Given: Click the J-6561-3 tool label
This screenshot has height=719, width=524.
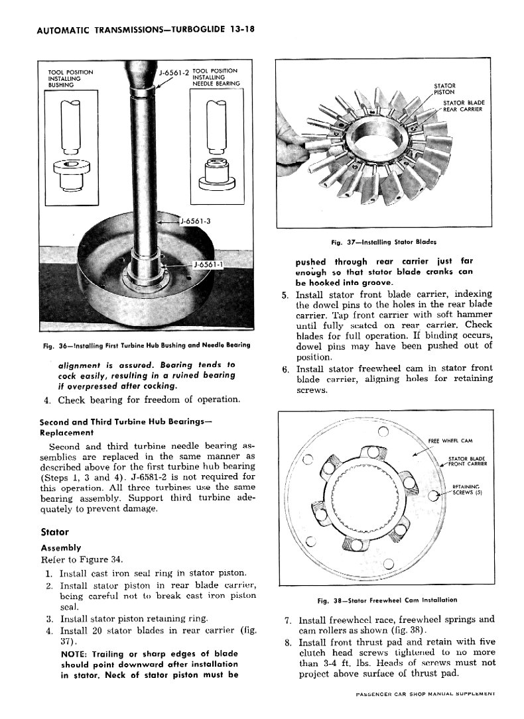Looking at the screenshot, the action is [194, 221].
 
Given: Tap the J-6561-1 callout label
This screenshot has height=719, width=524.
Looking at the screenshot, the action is [208, 264].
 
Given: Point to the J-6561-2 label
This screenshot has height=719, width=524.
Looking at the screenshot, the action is [174, 72].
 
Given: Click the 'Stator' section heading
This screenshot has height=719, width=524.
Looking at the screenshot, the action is [54, 532].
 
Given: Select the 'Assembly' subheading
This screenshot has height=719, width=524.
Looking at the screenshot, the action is [60, 547].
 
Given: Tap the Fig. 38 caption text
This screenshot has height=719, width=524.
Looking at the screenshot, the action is [387, 600].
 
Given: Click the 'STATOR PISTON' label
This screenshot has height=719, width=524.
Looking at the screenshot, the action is [444, 89].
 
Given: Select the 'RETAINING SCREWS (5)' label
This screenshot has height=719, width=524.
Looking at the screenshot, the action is [466, 490].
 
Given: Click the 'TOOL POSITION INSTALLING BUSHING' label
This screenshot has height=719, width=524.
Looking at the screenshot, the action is [71, 78].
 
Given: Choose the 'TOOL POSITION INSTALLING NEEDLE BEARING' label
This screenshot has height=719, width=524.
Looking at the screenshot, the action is [216, 77].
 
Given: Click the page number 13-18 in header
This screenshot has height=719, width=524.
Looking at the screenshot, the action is [243, 30].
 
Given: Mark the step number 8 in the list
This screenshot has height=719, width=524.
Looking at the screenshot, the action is [288, 642].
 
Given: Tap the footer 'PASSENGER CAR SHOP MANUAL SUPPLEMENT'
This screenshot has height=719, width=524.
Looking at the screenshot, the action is [425, 694].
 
